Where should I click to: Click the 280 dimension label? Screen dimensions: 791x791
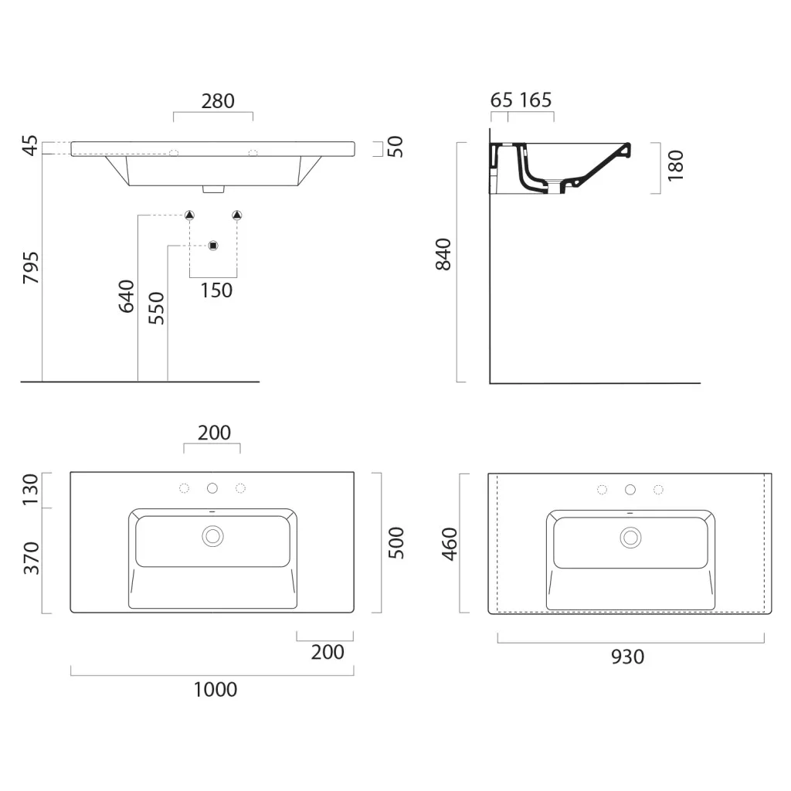(218, 101)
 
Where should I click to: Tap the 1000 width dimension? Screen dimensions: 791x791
(216, 690)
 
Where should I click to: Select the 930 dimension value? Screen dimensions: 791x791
(627, 657)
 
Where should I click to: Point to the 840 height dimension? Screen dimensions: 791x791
(443, 254)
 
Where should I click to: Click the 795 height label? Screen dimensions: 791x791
(31, 267)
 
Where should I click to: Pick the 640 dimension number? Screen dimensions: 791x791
(126, 296)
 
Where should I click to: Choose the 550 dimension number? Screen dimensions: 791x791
(156, 308)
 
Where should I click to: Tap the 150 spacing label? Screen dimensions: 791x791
(216, 290)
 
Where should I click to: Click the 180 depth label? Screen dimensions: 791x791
(675, 166)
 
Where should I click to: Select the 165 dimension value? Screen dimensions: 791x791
(536, 100)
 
